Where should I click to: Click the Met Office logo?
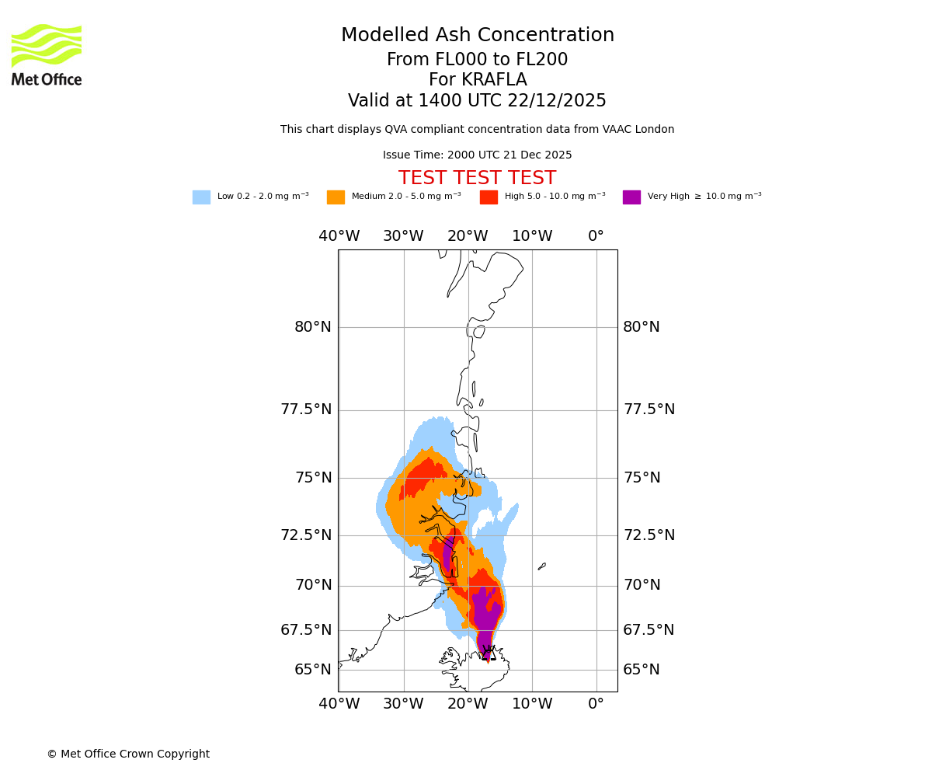coord(47,54)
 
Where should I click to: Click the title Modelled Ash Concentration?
coord(477,36)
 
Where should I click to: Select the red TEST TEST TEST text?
coord(477,178)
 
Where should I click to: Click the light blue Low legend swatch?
coord(201,197)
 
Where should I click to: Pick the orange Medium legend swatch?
coord(336,197)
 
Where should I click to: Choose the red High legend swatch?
coord(489,197)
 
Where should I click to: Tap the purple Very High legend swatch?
coord(631,197)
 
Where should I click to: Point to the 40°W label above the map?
coord(339,236)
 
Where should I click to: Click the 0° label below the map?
coord(596,704)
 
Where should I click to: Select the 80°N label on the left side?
coord(313,327)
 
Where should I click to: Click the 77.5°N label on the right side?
coord(649,409)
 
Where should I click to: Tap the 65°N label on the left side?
coord(313,670)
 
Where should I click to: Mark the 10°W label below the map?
coord(532,704)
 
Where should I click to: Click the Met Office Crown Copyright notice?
coord(128,754)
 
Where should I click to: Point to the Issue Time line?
coord(477,155)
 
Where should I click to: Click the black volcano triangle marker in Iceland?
coord(488,654)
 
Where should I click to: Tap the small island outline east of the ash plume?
coord(541,566)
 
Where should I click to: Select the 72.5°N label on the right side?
coord(649,535)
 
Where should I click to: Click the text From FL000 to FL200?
coord(477,60)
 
